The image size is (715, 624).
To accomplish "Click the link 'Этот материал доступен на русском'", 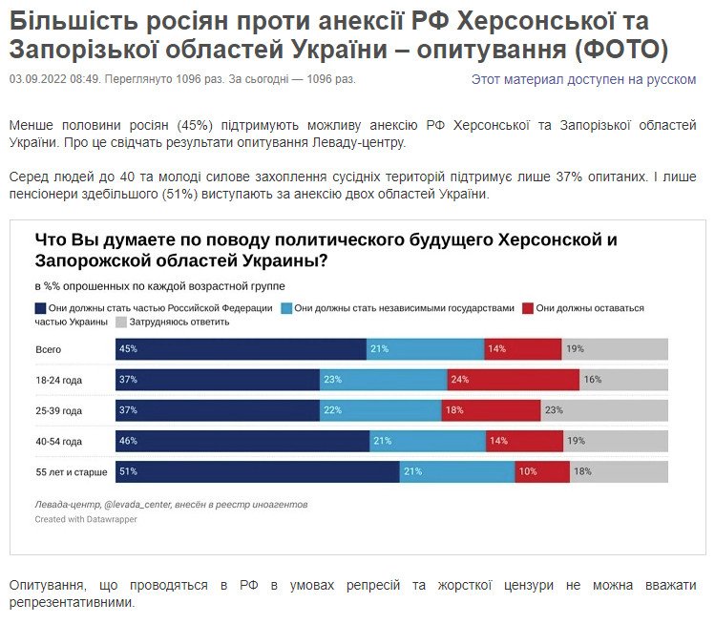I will tap(583, 79).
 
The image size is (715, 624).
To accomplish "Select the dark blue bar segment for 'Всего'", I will tap(241, 348).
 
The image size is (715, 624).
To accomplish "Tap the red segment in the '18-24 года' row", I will tap(513, 380).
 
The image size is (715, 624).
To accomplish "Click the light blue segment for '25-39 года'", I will tap(380, 410).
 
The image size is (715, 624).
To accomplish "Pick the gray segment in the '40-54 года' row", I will tap(615, 442).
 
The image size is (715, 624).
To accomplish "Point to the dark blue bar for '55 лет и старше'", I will tap(257, 472).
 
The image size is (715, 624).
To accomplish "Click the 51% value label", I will tap(128, 472).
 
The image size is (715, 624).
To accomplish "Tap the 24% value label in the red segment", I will tap(458, 380).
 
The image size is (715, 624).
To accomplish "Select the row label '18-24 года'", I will tap(59, 380).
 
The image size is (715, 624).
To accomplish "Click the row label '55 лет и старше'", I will tap(73, 472).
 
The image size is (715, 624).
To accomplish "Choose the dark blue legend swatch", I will tap(40, 308).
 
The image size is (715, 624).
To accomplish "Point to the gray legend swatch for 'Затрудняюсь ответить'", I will tap(121, 322).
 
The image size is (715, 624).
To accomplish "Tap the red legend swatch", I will tap(527, 308).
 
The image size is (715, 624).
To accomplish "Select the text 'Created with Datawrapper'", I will tap(86, 520).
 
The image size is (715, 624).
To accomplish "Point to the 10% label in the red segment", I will tap(527, 472).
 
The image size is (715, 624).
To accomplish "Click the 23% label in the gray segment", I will tap(554, 410).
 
